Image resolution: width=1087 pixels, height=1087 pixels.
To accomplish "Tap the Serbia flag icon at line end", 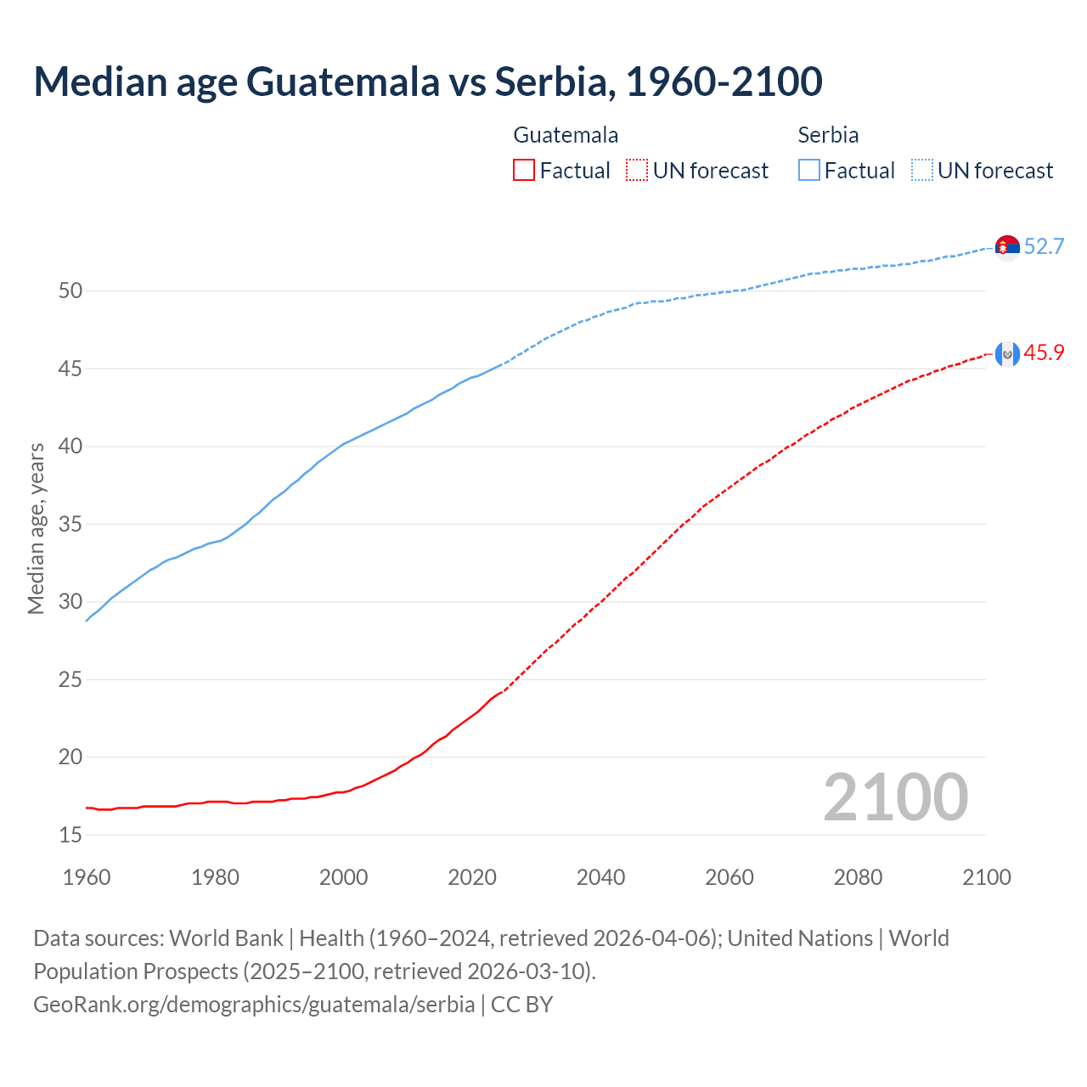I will tap(1007, 247).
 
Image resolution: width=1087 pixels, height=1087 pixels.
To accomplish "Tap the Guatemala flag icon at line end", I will tap(1007, 354).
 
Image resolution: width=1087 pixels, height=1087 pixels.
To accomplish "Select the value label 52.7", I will tap(1044, 247).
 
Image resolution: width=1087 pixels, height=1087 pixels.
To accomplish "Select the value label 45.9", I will tap(1044, 353).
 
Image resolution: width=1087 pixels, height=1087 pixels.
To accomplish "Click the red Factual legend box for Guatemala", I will tap(524, 171).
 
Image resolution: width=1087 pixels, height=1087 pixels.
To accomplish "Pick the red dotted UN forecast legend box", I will tap(637, 171).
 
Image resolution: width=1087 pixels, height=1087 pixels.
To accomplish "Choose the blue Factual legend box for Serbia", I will tap(809, 171).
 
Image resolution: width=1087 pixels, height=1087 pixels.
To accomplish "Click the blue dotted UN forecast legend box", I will tap(922, 171).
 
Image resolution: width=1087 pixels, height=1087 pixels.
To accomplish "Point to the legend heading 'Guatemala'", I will tap(566, 135).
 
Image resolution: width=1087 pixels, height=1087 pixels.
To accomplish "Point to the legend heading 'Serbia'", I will tap(828, 135).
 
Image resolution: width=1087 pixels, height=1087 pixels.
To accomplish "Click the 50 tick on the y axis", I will tap(70, 291).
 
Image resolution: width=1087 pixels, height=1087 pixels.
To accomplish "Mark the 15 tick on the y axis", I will tap(70, 836).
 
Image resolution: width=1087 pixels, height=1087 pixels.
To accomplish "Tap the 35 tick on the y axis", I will tap(70, 525).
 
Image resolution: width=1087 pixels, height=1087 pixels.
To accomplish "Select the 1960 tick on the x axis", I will tap(87, 877).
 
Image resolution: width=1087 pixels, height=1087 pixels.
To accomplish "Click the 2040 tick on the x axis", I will tap(600, 877).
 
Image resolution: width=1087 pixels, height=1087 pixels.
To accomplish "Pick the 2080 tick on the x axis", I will tap(858, 877).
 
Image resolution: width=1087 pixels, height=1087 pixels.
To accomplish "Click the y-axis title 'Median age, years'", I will tap(36, 528).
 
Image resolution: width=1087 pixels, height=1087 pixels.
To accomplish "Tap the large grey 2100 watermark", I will tap(895, 797).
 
